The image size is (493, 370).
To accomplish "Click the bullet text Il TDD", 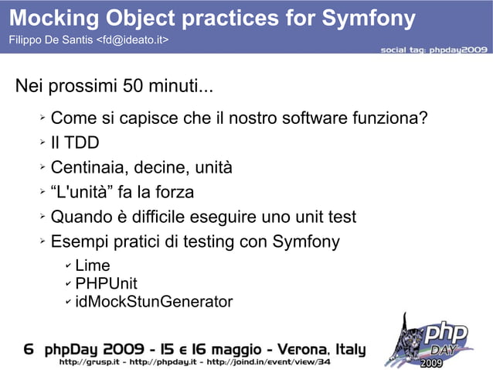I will coord(75,143).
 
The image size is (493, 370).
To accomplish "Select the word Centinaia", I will coord(88,168).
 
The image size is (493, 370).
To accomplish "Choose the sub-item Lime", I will coord(93,266).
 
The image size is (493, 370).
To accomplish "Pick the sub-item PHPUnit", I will coord(106,283).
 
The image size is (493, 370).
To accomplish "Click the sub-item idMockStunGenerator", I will coord(154,301).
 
